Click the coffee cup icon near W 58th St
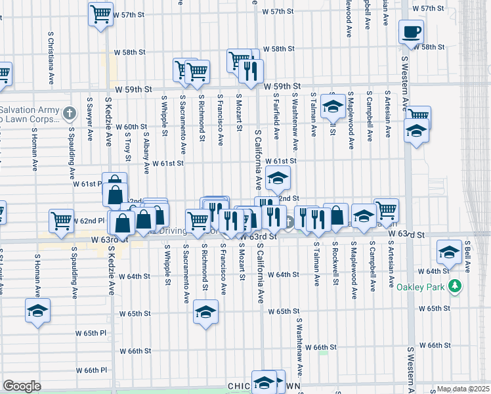(411, 32)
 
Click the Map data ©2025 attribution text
(463, 389)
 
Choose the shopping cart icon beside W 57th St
(100, 13)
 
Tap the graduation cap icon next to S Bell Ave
(449, 252)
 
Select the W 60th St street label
(131, 127)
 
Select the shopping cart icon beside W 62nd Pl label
(61, 220)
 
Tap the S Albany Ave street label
(145, 151)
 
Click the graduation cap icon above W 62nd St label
(278, 177)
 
